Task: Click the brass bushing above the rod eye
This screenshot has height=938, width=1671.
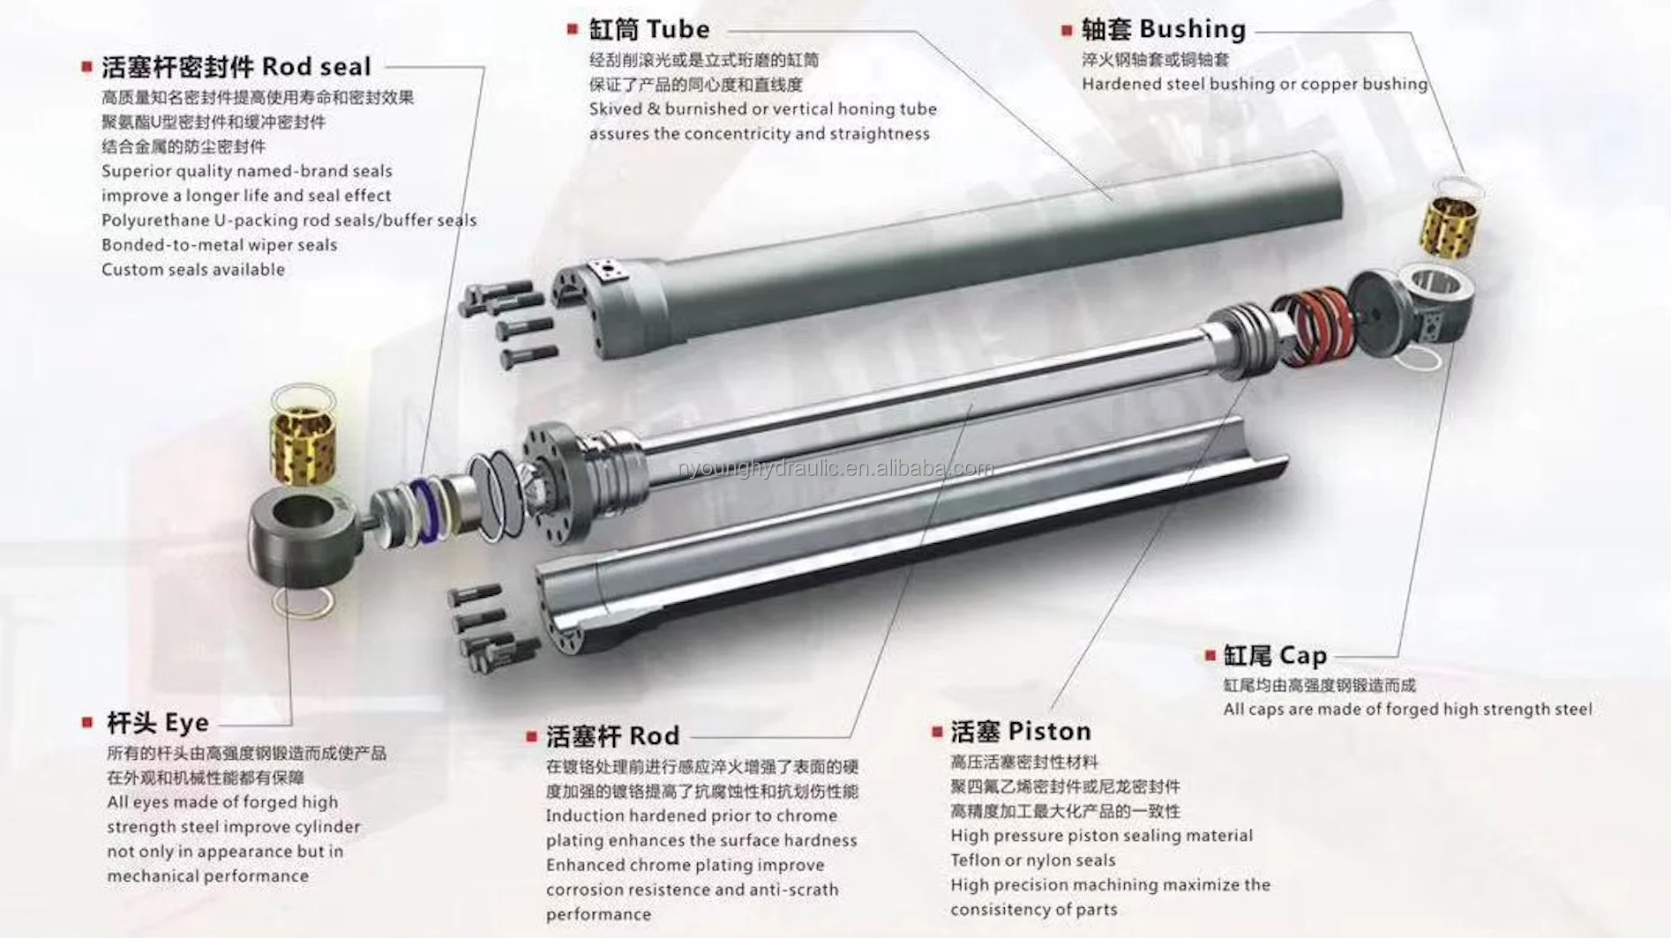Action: (x=303, y=443)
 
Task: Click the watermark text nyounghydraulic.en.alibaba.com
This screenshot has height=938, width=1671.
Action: (x=835, y=468)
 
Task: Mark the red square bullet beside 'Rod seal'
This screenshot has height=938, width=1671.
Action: (x=86, y=67)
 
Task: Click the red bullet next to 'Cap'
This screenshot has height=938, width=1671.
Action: (x=1210, y=656)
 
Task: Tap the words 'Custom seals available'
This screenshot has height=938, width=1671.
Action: (x=193, y=270)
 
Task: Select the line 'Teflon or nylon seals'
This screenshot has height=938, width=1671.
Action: (x=1033, y=860)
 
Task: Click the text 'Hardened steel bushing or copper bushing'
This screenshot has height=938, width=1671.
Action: (x=1255, y=85)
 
